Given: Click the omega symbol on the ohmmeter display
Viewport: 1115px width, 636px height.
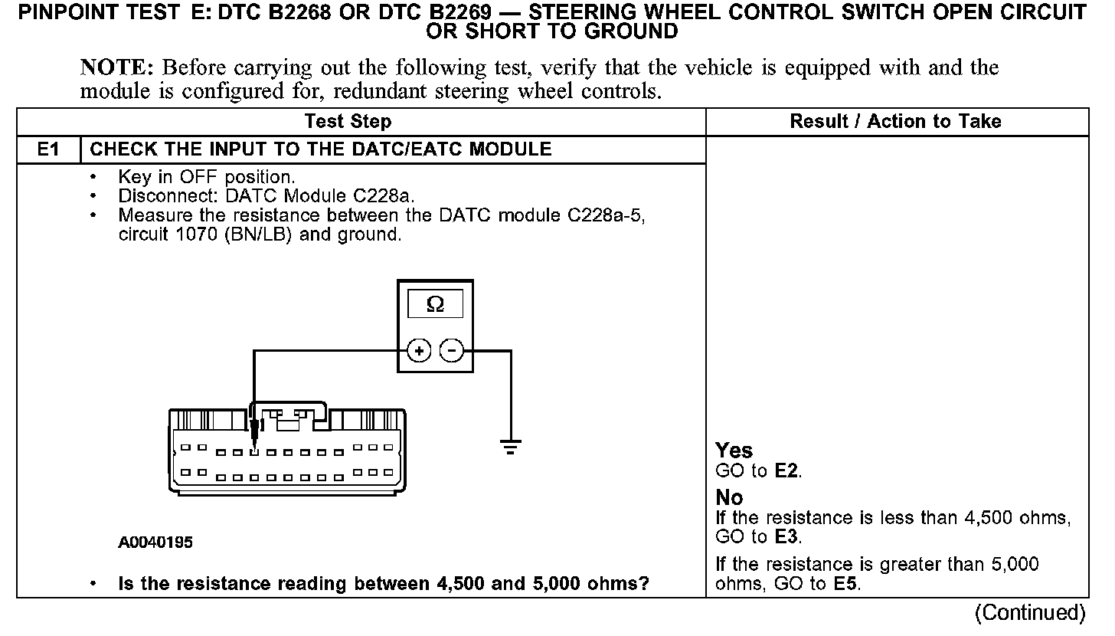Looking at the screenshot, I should coord(435,304).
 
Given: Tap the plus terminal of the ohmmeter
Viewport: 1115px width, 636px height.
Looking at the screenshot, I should coord(418,351).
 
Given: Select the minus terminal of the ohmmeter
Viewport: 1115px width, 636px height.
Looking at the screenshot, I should coord(453,351).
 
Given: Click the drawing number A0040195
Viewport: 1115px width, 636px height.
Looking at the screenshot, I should coord(155,543).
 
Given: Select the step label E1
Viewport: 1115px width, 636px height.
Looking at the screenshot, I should coord(48,149).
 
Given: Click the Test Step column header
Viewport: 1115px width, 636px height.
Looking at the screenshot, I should coord(348,122).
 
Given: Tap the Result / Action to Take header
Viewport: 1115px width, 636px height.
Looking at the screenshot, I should coord(895,122).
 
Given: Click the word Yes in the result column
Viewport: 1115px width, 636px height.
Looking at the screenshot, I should coord(734,451).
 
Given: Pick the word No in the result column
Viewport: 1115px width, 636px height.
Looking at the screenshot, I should coord(729,498).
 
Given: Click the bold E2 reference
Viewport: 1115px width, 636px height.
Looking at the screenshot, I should coord(787,470).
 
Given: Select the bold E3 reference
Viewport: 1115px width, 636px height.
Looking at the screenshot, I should coord(787,537).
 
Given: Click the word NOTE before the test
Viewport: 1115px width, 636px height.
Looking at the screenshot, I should coord(118,67).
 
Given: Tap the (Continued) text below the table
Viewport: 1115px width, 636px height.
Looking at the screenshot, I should coord(1030,613).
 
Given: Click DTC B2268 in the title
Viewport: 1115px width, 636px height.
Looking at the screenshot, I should coord(265,13).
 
